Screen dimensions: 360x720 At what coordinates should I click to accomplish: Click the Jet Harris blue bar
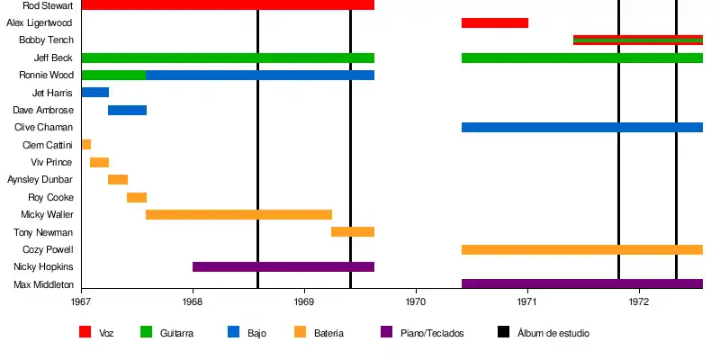tap(94, 93)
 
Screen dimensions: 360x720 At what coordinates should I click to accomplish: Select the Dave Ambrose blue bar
tap(127, 110)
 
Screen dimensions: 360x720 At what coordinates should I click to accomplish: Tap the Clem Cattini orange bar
tap(85, 145)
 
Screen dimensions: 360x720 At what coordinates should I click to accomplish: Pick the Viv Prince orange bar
tap(99, 162)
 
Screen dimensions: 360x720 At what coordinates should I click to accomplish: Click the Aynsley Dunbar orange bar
tap(118, 179)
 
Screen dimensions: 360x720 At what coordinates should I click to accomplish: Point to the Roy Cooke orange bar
tap(137, 197)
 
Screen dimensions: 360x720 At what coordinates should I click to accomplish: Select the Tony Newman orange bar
tap(353, 232)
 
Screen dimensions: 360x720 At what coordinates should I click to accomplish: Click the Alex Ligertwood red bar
tap(494, 22)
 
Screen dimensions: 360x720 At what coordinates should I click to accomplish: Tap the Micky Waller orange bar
tap(238, 214)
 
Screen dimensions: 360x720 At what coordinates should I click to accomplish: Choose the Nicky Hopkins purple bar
tap(283, 266)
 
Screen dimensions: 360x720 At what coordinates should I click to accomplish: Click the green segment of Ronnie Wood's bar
tap(113, 75)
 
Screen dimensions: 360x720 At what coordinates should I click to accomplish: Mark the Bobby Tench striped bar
tap(637, 40)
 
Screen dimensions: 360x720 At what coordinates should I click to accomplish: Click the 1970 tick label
tap(416, 303)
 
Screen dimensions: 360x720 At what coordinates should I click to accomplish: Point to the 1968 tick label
tap(193, 303)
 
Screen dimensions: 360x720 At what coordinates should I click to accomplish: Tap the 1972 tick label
tap(639, 303)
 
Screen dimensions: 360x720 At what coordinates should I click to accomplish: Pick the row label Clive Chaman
tap(49, 127)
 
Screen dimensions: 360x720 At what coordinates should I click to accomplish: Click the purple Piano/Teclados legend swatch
tap(387, 332)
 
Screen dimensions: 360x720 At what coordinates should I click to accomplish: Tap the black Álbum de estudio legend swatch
tap(504, 332)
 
